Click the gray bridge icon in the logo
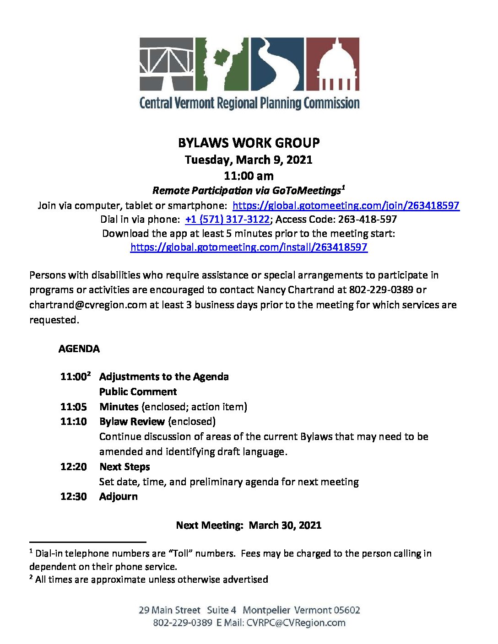(167, 64)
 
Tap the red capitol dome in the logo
(332, 64)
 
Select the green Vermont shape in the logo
(222, 64)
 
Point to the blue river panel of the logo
(277, 64)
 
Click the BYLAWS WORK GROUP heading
(249, 143)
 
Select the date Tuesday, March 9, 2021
(249, 160)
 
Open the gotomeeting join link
(346, 205)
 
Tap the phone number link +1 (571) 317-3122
(227, 220)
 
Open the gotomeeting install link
(249, 247)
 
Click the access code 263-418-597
(367, 220)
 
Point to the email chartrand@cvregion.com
(88, 305)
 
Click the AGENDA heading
(79, 349)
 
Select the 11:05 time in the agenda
(73, 407)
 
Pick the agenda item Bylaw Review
(132, 422)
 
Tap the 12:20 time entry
(73, 467)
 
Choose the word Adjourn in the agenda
(118, 497)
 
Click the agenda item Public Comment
(138, 392)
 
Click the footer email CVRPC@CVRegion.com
(296, 623)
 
